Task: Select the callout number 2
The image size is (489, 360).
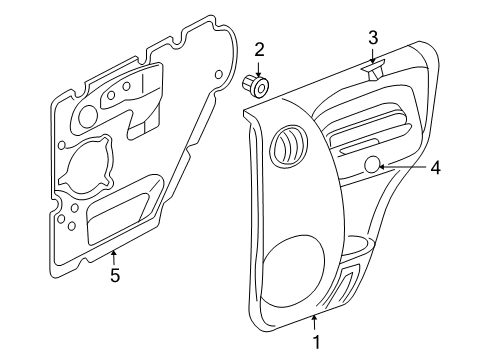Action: click(259, 48)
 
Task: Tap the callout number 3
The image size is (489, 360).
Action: click(372, 38)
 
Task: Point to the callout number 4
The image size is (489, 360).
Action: click(434, 168)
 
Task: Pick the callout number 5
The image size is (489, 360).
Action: click(114, 276)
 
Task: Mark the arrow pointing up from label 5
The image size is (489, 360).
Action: click(114, 256)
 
